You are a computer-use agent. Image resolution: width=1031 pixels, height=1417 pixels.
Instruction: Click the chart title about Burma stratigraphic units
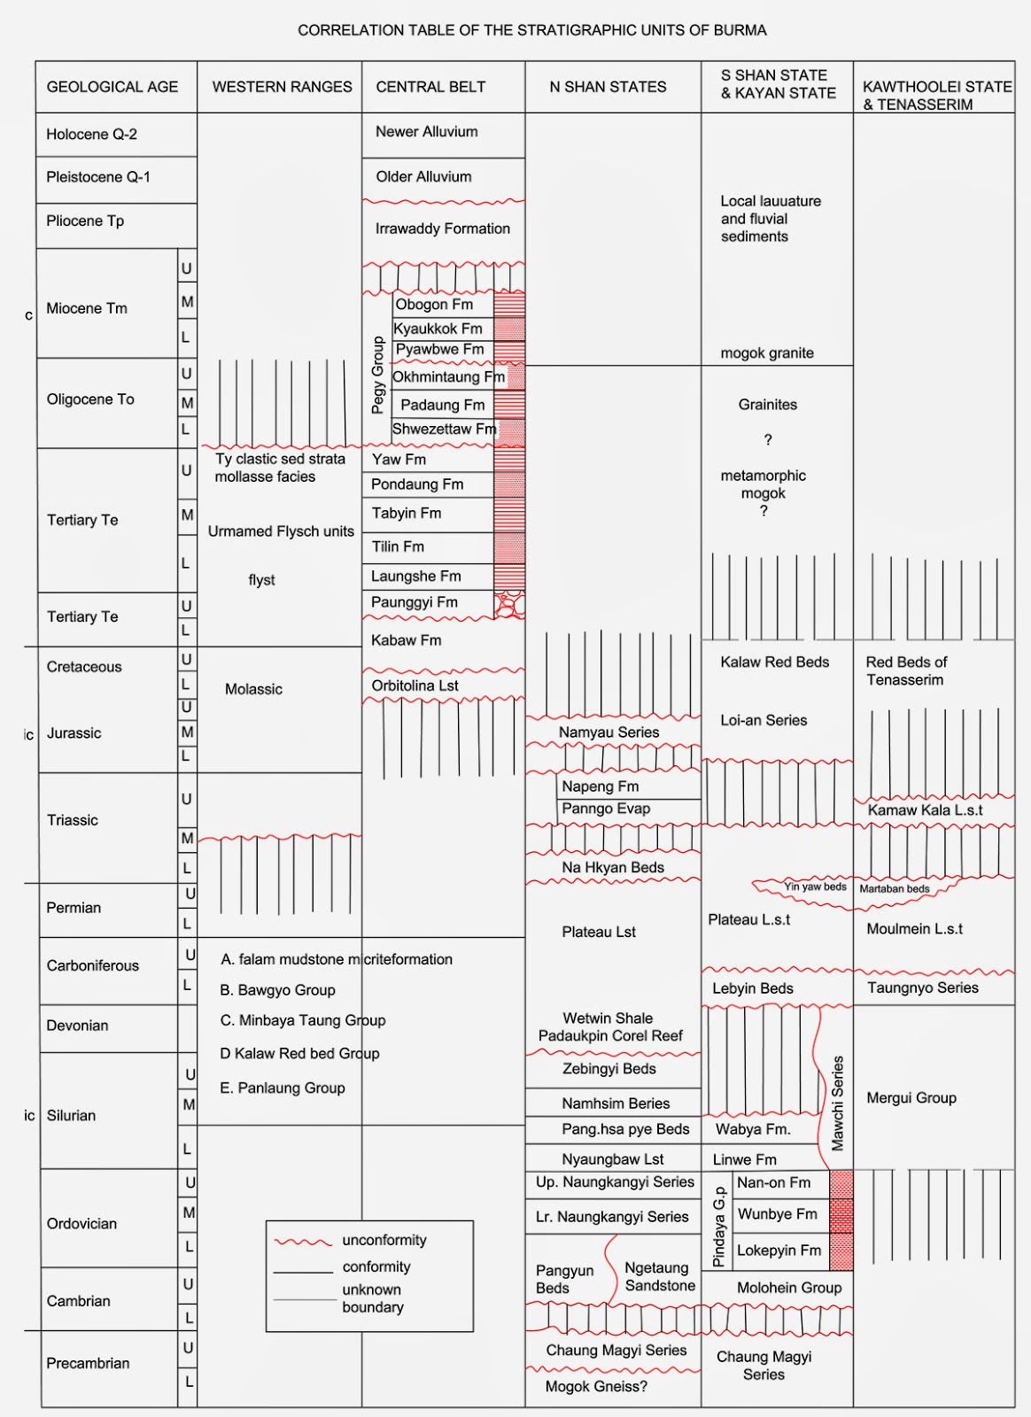coord(531,30)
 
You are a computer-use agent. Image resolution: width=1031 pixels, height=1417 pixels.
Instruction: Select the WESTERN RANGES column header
coord(282,87)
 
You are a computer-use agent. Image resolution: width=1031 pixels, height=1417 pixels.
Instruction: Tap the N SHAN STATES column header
coord(608,87)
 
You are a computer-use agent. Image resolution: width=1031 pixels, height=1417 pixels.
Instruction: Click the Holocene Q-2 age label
coord(91,135)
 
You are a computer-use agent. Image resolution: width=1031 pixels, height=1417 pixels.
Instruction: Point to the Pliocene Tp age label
coord(85,221)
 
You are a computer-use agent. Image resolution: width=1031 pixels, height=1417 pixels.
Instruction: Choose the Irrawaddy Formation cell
coord(442,228)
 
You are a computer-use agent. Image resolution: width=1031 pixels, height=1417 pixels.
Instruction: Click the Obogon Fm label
coord(434,305)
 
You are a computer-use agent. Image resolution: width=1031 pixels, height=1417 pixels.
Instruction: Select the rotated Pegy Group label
coord(378,375)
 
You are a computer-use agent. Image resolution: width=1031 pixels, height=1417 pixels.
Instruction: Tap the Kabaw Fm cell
coord(406,640)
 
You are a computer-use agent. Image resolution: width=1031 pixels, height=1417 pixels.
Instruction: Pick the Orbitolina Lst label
coord(415,685)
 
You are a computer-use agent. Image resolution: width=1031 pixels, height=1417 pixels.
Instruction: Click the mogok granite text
coord(766,353)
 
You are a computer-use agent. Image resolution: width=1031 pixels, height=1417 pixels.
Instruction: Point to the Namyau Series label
coord(609,732)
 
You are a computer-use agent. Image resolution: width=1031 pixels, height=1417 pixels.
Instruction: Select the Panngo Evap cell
coord(606,809)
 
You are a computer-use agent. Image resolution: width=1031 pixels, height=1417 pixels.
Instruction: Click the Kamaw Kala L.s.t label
coord(925,810)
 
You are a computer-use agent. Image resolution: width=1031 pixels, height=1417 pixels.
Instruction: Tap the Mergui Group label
coord(911,1098)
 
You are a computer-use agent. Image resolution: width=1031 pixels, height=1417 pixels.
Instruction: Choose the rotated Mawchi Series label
coord(837,1103)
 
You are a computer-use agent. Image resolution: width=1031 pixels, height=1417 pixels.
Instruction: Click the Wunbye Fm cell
coord(777,1214)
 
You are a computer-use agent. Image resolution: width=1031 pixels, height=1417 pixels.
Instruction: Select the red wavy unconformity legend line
coord(303,1242)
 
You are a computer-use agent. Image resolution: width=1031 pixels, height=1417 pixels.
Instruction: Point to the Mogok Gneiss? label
coord(596,1387)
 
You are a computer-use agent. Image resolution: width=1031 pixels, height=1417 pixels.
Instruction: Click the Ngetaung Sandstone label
coord(659,1277)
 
